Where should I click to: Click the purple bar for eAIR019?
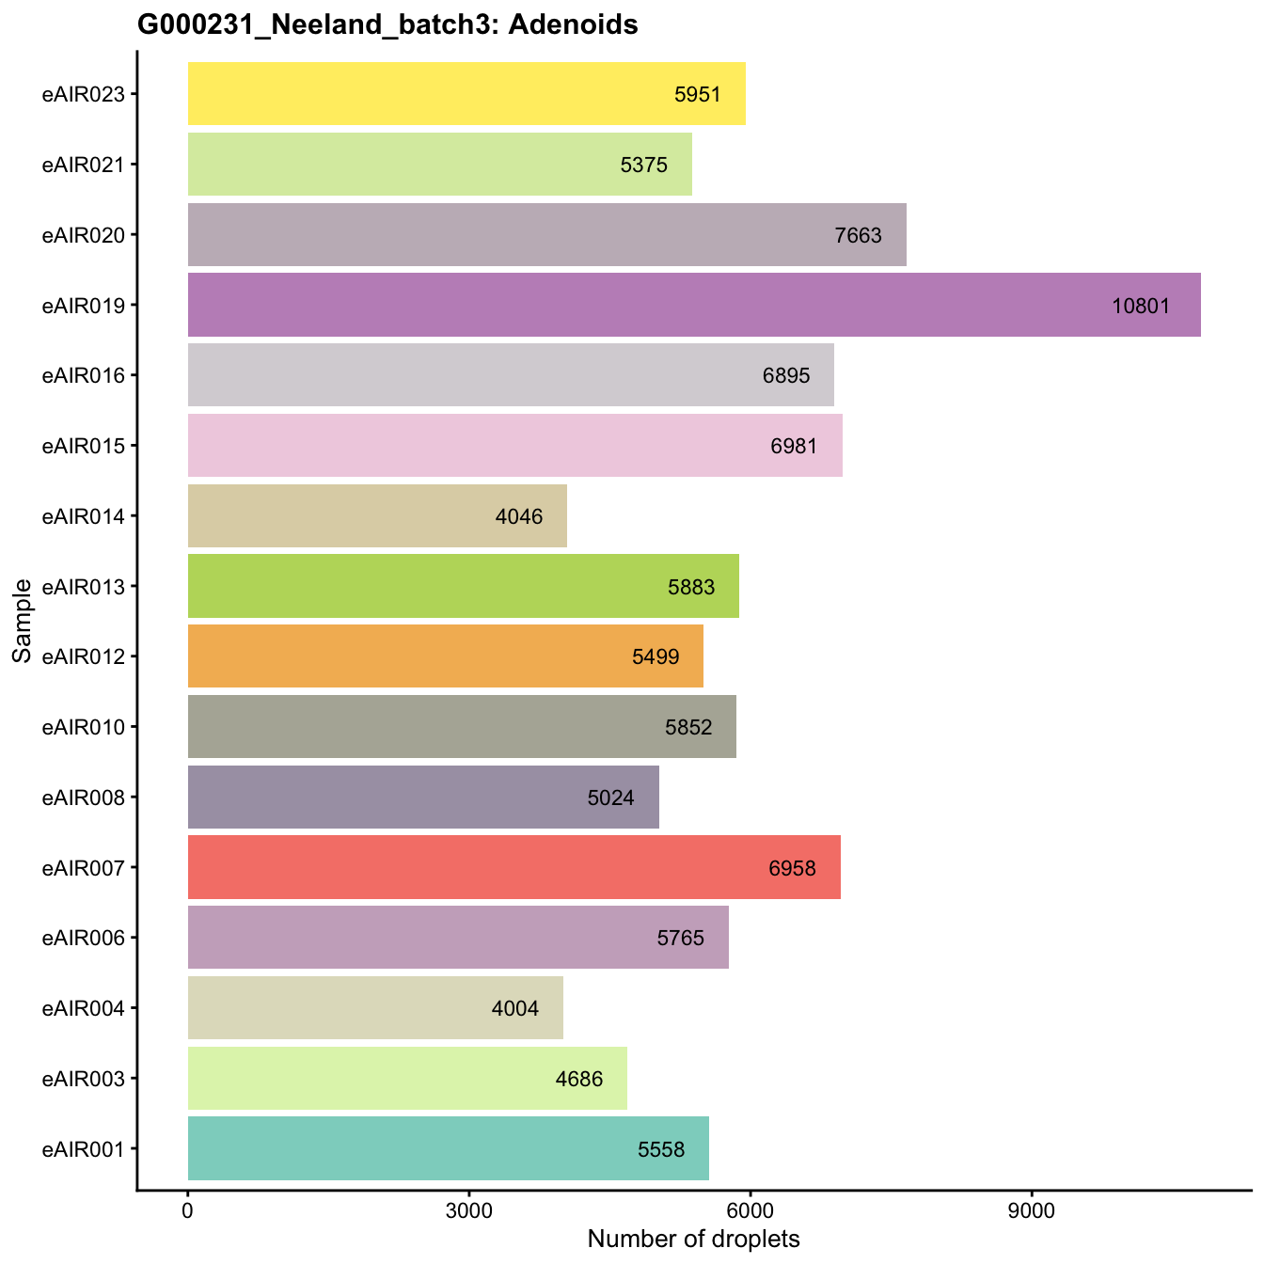coord(694,305)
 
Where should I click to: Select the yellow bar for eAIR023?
coord(466,94)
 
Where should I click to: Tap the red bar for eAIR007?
coord(513,867)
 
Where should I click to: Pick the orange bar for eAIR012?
coord(445,656)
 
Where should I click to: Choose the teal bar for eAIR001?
coord(448,1148)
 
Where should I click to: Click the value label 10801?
coord(1141,306)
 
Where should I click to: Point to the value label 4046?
coord(519,516)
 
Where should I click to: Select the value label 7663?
coord(859,235)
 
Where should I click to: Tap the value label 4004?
coord(515,1009)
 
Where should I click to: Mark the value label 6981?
coord(794,446)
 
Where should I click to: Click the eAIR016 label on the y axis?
coord(84,375)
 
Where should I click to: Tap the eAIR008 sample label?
coord(84,798)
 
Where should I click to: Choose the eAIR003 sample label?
coord(84,1079)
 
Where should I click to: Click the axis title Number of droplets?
coord(693,1239)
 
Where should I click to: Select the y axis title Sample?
coord(23,621)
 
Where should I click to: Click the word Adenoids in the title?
coord(573,25)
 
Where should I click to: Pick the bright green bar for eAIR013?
coord(463,586)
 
